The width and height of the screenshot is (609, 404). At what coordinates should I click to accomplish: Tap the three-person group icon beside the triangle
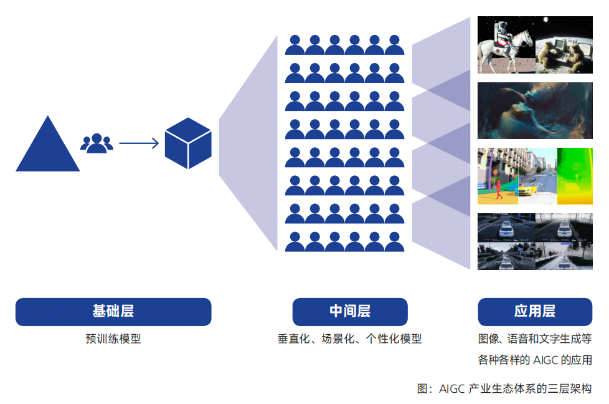[97, 143]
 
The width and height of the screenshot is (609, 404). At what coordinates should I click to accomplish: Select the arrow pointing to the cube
[139, 143]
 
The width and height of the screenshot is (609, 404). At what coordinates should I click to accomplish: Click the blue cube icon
[188, 143]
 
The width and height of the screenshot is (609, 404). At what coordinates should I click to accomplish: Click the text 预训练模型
[113, 339]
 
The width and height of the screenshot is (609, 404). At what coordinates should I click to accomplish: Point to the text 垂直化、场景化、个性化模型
[349, 339]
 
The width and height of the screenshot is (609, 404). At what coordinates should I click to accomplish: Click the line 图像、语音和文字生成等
[534, 339]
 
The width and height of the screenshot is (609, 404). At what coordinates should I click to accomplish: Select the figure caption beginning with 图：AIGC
[504, 388]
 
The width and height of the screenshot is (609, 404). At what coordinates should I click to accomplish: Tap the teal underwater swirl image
[534, 110]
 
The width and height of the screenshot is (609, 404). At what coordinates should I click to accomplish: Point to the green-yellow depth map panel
[574, 176]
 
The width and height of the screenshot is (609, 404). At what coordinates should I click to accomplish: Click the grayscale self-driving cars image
[534, 241]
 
